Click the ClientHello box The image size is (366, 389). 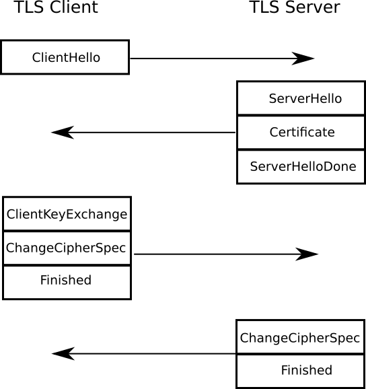pyautogui.click(x=65, y=57)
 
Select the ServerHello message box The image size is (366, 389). pyautogui.click(x=301, y=99)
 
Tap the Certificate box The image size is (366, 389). pyautogui.click(x=301, y=132)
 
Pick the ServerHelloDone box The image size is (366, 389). pyautogui.click(x=301, y=166)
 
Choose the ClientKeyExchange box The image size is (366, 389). pyautogui.click(x=67, y=215)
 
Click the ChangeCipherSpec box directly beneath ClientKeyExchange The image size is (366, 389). pyautogui.click(x=67, y=248)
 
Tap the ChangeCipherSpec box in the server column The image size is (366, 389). pyautogui.click(x=301, y=337)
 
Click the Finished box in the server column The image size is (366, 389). pyautogui.click(x=301, y=370)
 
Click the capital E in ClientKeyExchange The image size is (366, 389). pyautogui.click(x=75, y=215)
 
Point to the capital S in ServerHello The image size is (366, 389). pyautogui.click(x=272, y=99)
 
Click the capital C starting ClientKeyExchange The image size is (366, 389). pyautogui.click(x=11, y=215)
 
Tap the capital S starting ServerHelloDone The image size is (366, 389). pyautogui.click(x=254, y=166)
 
